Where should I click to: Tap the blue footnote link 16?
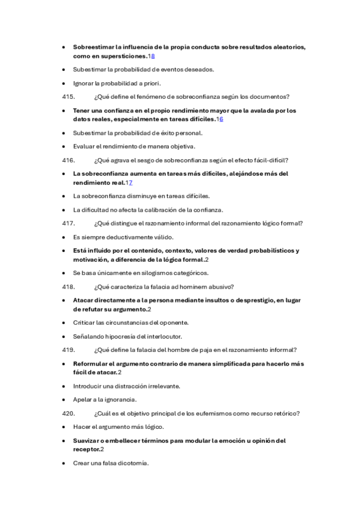pos(220,119)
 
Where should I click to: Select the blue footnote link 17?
pos(129,182)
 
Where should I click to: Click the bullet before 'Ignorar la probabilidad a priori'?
pos(64,83)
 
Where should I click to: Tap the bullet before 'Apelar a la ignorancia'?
pos(64,399)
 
